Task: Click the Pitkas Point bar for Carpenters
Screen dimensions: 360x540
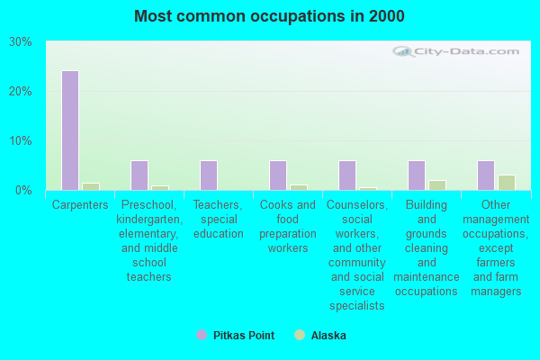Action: pyautogui.click(x=69, y=130)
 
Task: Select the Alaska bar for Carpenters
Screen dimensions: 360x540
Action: pyautogui.click(x=90, y=186)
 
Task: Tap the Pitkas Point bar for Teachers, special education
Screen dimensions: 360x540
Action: pyautogui.click(x=208, y=175)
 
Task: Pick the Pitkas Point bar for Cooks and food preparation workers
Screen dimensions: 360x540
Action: pyautogui.click(x=277, y=175)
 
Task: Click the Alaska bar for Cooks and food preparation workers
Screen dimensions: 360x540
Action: pyautogui.click(x=298, y=187)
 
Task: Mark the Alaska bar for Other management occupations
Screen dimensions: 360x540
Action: pyautogui.click(x=506, y=183)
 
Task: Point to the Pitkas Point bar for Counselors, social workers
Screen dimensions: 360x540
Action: pyautogui.click(x=346, y=175)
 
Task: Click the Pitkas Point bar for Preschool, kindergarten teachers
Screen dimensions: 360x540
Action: pyautogui.click(x=139, y=175)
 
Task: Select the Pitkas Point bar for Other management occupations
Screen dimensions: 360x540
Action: pyautogui.click(x=485, y=175)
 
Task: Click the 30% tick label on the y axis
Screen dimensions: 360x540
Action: pyautogui.click(x=21, y=42)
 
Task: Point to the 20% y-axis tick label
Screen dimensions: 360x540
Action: pyautogui.click(x=21, y=92)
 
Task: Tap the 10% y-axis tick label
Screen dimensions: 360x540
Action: pyautogui.click(x=21, y=141)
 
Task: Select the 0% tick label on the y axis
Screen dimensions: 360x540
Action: pyautogui.click(x=24, y=191)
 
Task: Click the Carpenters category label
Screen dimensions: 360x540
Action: pyautogui.click(x=80, y=205)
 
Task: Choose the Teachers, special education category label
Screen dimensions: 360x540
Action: pyautogui.click(x=218, y=220)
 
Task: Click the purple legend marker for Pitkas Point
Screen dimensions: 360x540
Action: pyautogui.click(x=201, y=335)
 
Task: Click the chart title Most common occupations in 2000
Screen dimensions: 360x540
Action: pyautogui.click(x=269, y=16)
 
